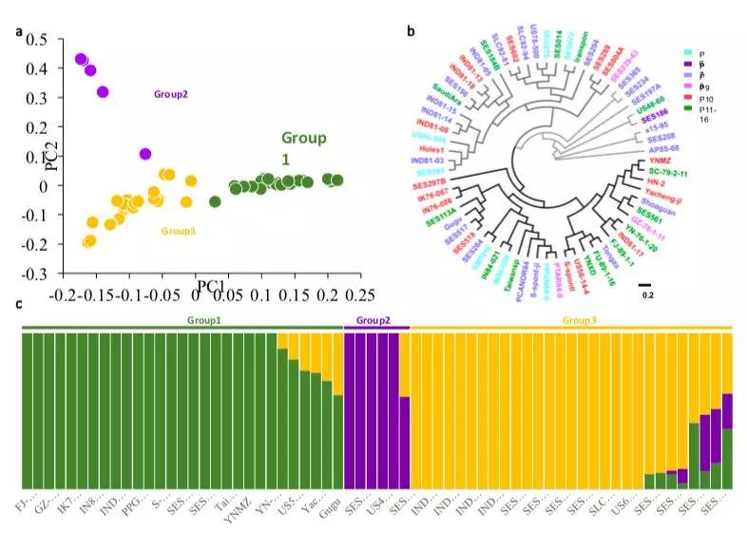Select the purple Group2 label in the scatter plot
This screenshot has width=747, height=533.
(x=170, y=94)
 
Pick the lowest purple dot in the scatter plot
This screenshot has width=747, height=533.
(x=144, y=154)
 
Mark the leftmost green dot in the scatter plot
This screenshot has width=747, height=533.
(x=216, y=200)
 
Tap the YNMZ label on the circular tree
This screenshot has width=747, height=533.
(x=661, y=161)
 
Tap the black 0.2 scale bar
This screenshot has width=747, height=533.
(x=644, y=283)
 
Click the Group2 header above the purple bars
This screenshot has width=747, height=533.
(x=376, y=321)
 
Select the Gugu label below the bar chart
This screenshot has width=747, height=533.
(x=329, y=499)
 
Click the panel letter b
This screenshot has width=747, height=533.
(x=410, y=31)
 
